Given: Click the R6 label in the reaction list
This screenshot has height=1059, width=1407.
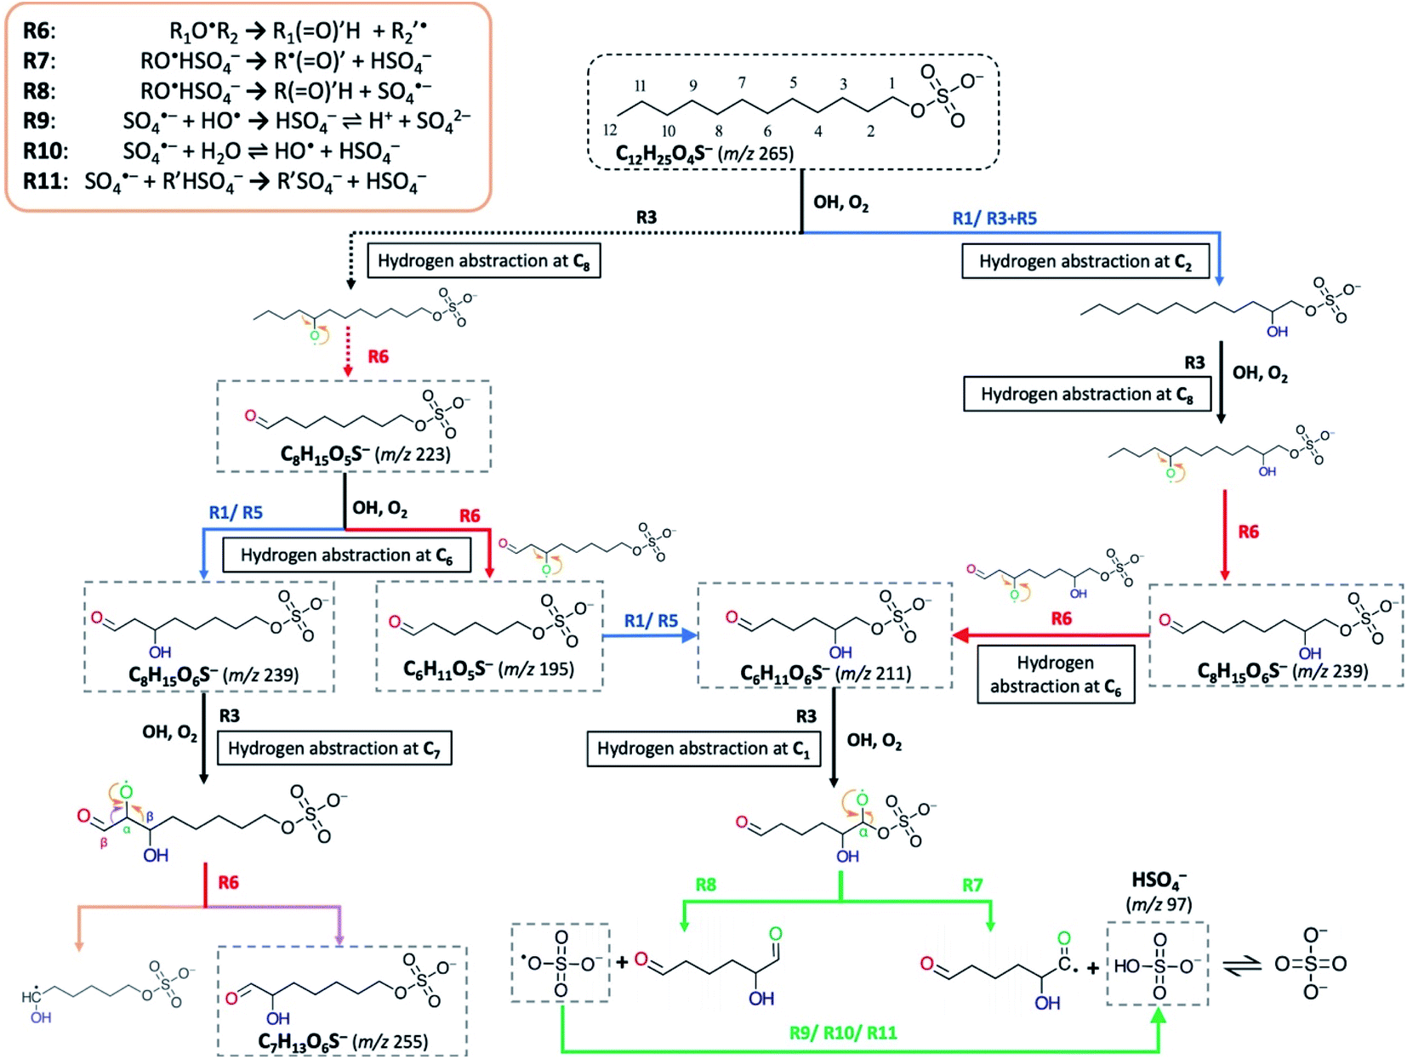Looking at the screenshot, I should pyautogui.click(x=38, y=31).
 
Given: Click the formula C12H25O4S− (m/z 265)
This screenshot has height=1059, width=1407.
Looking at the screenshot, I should pyautogui.click(x=704, y=154).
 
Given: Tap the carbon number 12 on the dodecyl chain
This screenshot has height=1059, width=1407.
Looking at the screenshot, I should pyautogui.click(x=610, y=130).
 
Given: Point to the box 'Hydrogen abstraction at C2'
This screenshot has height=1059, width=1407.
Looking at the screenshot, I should pyautogui.click(x=1085, y=262).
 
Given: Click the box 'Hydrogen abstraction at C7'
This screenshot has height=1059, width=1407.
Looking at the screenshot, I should pyautogui.click(x=333, y=749).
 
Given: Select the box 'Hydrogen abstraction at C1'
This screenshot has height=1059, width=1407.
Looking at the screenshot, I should pyautogui.click(x=703, y=749).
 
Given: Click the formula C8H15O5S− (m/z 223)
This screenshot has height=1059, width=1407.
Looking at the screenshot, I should pyautogui.click(x=365, y=454).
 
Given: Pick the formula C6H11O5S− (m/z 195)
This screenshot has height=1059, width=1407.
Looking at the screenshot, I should pyautogui.click(x=488, y=669).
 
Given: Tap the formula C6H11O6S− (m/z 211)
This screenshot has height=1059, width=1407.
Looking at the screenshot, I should pyautogui.click(x=825, y=674).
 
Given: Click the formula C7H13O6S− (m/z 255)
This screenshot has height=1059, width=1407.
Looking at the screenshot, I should pyautogui.click(x=343, y=1041).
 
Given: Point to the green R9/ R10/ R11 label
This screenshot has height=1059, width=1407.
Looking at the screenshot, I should pyautogui.click(x=842, y=1033).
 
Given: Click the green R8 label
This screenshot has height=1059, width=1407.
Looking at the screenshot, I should pyautogui.click(x=705, y=885).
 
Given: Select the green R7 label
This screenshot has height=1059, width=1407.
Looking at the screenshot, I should pyautogui.click(x=971, y=885).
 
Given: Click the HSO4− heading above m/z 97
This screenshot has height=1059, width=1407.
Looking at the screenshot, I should pyautogui.click(x=1159, y=880).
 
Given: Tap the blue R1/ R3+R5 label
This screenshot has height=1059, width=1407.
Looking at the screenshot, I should pyautogui.click(x=994, y=219).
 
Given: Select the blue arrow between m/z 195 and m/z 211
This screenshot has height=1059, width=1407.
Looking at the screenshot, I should pyautogui.click(x=650, y=635).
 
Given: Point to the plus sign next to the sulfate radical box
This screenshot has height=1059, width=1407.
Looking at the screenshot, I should pyautogui.click(x=623, y=962).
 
